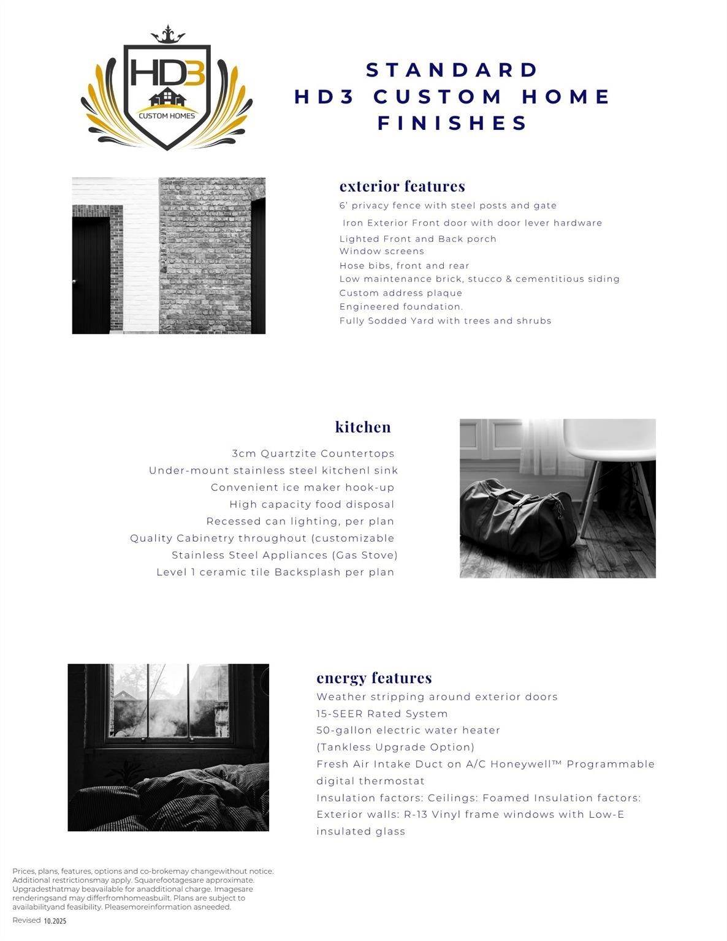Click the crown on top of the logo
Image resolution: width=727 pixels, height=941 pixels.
167,36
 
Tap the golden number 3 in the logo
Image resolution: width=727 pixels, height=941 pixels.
193,72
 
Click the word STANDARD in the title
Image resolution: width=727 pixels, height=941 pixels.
452,70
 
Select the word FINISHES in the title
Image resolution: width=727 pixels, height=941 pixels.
452,123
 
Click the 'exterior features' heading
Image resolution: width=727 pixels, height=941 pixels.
402,186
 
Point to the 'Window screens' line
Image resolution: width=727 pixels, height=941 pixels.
381,251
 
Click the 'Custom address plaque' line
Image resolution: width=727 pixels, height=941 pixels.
401,293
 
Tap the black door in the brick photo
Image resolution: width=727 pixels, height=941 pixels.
91,276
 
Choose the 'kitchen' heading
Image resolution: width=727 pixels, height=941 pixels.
363,427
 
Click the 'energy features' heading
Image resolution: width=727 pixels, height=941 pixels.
374,678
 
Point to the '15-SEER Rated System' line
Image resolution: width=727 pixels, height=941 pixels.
382,714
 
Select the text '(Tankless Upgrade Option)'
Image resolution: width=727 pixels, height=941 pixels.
395,747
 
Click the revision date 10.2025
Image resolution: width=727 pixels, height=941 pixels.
55,921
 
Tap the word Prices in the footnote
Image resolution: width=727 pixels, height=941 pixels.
24,871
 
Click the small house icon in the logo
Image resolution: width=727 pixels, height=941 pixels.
167,97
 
